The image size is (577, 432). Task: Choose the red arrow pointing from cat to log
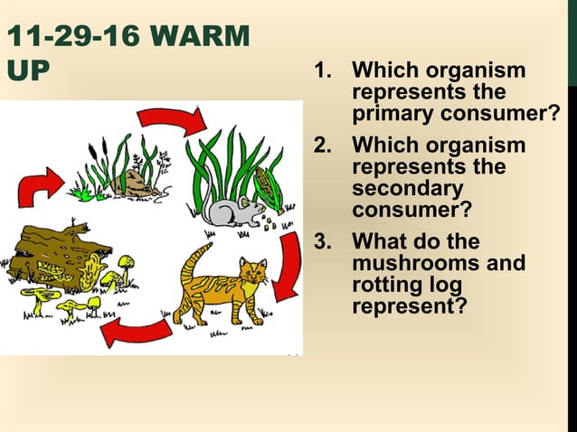(x=136, y=331)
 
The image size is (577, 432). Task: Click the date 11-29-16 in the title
(x=70, y=38)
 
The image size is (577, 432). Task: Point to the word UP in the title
(x=26, y=71)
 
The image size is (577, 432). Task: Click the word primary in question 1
(x=393, y=115)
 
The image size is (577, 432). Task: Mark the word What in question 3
(x=379, y=242)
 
